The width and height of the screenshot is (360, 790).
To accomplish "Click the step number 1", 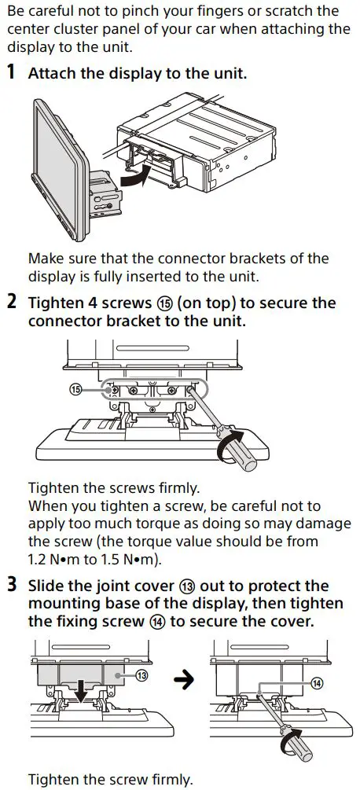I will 11,74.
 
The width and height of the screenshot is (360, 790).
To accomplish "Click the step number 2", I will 11,303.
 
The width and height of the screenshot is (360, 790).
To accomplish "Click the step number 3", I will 11,586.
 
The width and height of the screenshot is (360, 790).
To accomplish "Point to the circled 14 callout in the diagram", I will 316,683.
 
